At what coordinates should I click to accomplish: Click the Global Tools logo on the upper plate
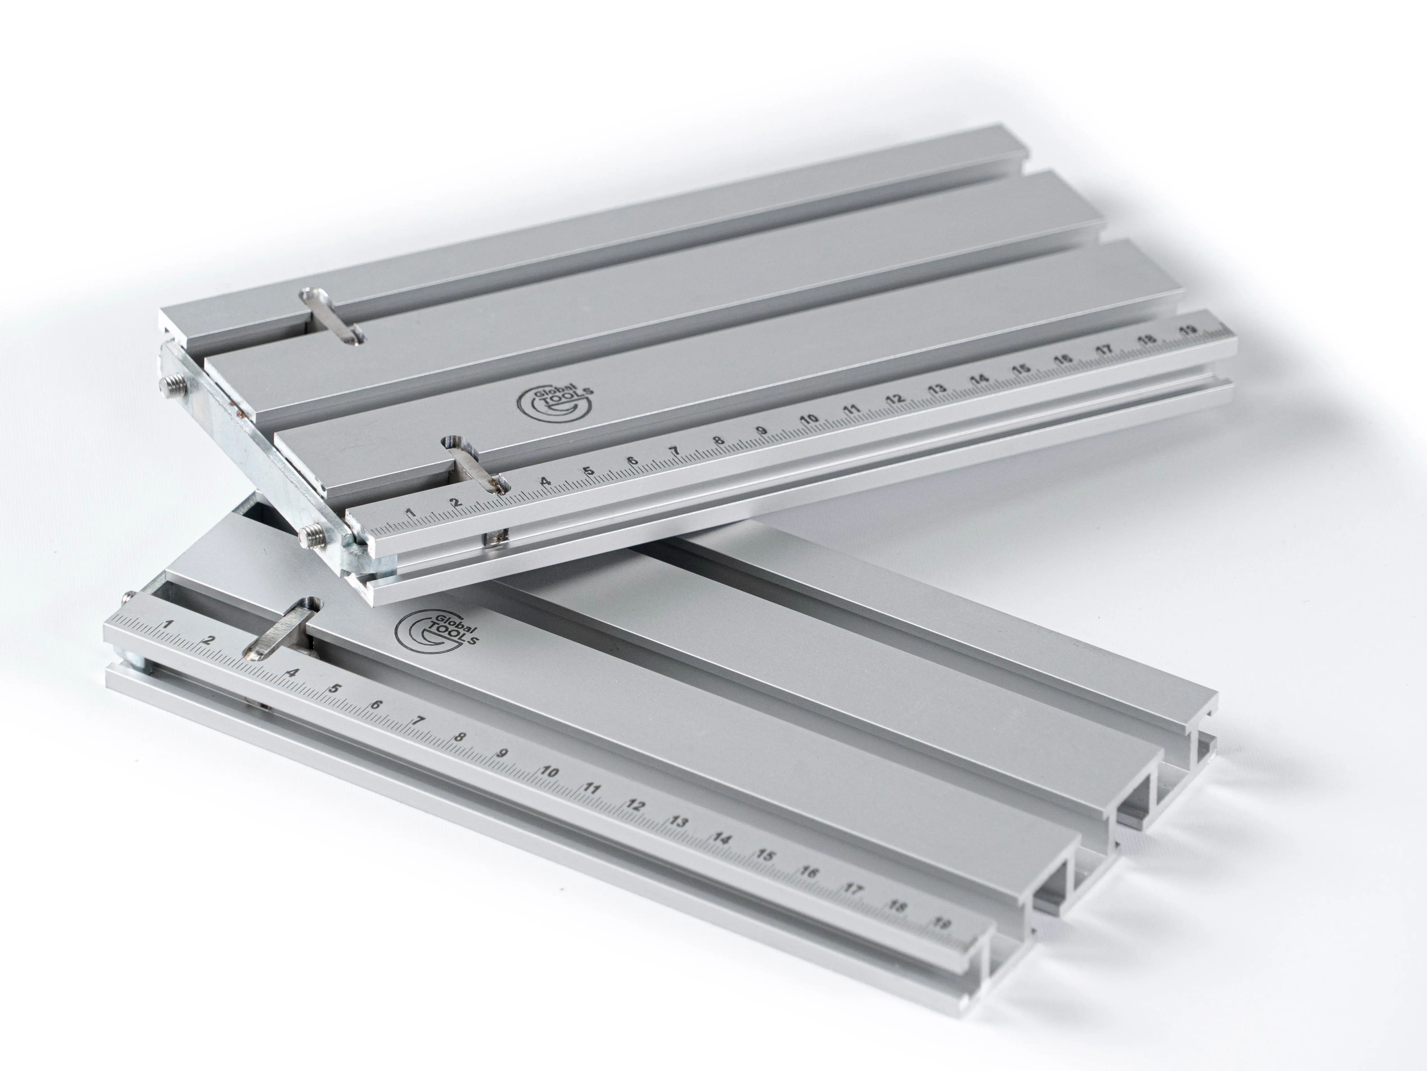point(555,402)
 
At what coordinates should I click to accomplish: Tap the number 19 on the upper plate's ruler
point(1188,331)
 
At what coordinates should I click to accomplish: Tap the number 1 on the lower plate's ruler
point(167,624)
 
